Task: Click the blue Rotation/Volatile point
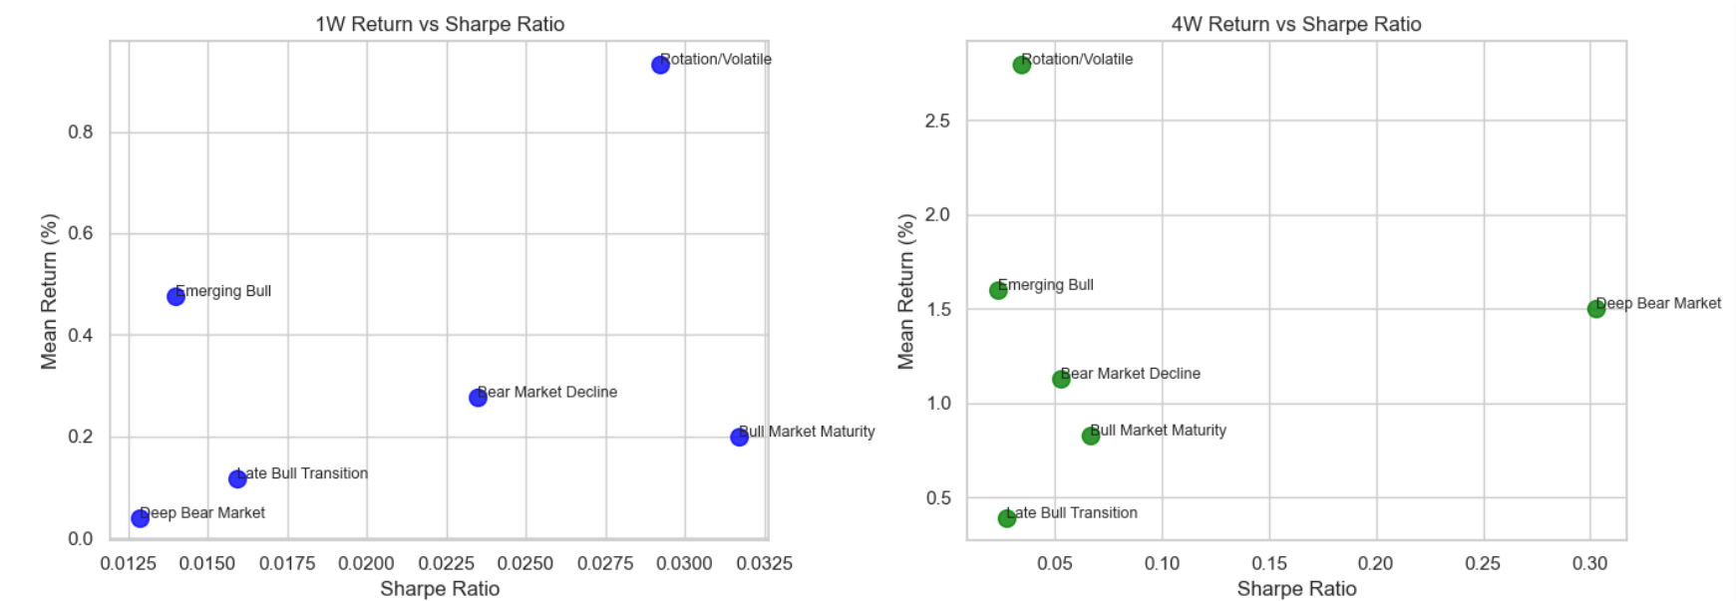pyautogui.click(x=660, y=65)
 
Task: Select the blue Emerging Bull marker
pyautogui.click(x=175, y=296)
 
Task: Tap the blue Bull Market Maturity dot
pyautogui.click(x=739, y=437)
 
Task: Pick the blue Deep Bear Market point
pyautogui.click(x=140, y=518)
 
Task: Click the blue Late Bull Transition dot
pyautogui.click(x=237, y=479)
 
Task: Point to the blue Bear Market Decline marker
pyautogui.click(x=478, y=398)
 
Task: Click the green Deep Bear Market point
pyautogui.click(x=1595, y=309)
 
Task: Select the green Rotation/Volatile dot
pyautogui.click(x=1021, y=65)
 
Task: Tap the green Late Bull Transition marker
pyautogui.click(x=1006, y=518)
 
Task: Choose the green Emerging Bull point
pyautogui.click(x=998, y=290)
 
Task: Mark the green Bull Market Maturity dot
pyautogui.click(x=1090, y=436)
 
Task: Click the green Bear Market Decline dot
pyautogui.click(x=1061, y=379)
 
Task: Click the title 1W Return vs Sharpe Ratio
pyautogui.click(x=440, y=24)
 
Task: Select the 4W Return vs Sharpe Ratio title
pyautogui.click(x=1296, y=24)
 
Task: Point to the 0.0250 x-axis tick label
pyautogui.click(x=525, y=563)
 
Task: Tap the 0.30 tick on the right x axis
pyautogui.click(x=1589, y=563)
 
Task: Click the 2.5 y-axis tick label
pyautogui.click(x=937, y=121)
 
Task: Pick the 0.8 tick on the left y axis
pyautogui.click(x=81, y=133)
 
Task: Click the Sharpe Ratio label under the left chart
pyautogui.click(x=440, y=589)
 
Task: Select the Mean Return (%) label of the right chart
pyautogui.click(x=905, y=291)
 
